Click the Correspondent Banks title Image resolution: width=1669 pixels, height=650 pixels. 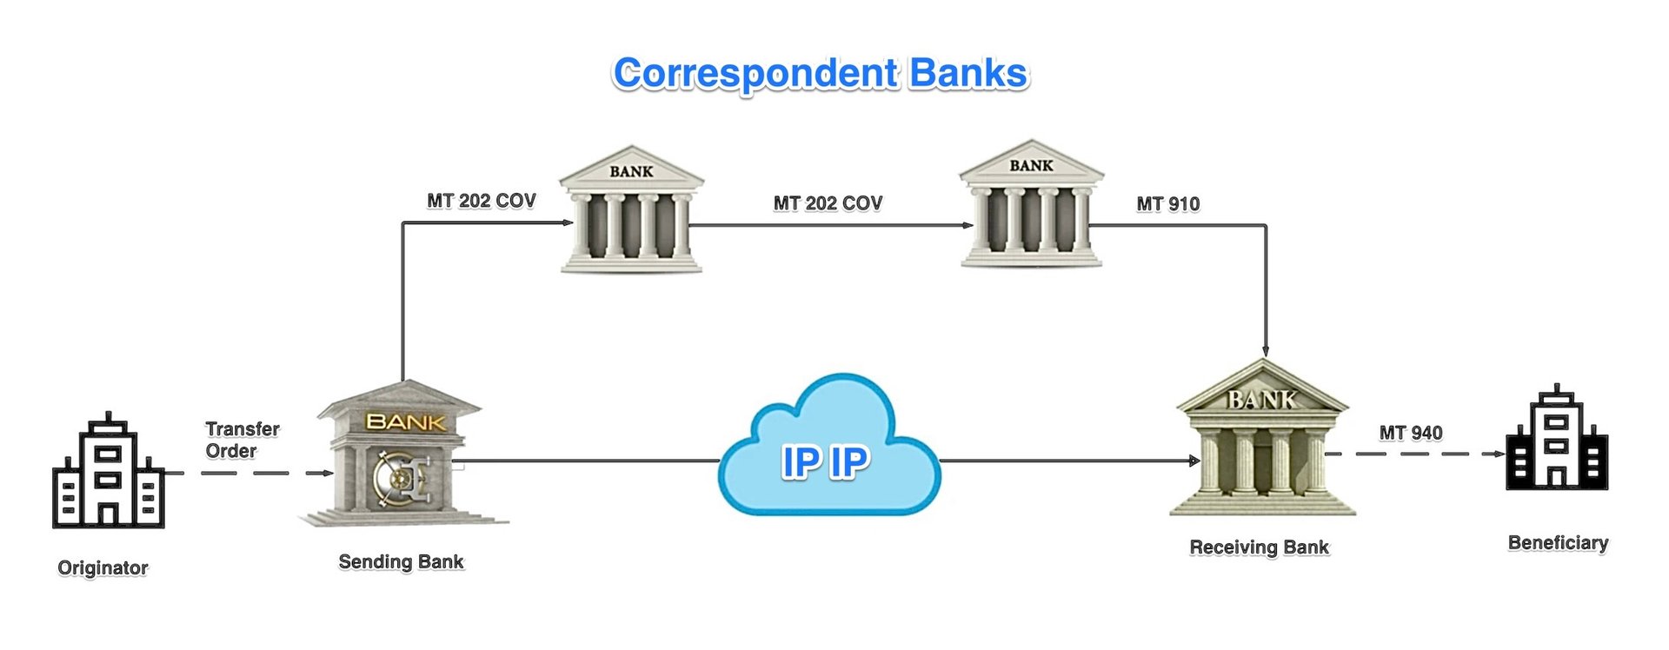pos(821,74)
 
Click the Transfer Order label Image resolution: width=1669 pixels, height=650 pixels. pos(242,440)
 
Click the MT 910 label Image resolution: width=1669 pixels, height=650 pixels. pos(1167,204)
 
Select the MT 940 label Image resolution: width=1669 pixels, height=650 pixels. pos(1410,433)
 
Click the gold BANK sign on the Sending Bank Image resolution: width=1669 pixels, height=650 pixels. pos(406,422)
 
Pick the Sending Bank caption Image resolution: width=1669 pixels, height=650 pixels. pos(401,562)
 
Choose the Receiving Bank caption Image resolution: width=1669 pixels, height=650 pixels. pos(1259,547)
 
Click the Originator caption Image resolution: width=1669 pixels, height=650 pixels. pos(103,568)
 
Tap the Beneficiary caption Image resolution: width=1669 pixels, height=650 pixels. pos(1558,543)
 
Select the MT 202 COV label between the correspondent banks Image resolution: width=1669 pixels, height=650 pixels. pos(828,203)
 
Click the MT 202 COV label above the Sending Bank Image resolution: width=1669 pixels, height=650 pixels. pos(481,201)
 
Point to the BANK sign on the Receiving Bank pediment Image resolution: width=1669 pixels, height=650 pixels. pos(1261,400)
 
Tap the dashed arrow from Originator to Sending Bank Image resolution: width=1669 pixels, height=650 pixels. pos(252,474)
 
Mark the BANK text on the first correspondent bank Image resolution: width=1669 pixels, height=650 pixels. pos(631,172)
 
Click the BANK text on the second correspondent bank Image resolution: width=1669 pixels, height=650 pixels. pos(1031,166)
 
